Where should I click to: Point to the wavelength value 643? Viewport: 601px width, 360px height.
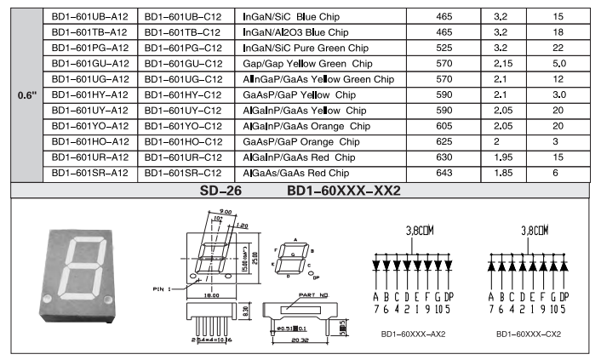444,172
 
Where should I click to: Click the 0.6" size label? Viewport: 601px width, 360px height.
26,94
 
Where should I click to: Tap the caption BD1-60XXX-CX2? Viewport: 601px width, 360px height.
529,334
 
